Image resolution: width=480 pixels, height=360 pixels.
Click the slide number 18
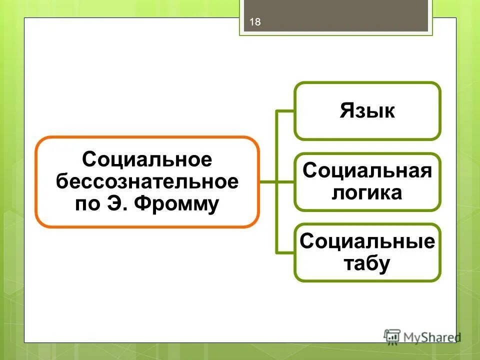tap(255, 22)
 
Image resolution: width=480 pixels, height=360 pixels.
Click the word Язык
tap(367, 111)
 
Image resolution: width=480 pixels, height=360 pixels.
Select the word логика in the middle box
tap(367, 192)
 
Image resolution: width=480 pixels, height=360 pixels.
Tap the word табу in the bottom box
tap(367, 263)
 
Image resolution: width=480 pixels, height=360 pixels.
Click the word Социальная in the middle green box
tap(367, 171)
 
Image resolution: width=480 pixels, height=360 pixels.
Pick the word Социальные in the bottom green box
tap(367, 242)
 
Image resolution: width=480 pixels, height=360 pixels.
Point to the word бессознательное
tap(147, 181)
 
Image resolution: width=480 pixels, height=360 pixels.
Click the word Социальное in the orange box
tap(147, 160)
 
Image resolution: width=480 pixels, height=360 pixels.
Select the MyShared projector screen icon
tap(392, 336)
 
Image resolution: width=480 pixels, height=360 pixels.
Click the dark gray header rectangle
tap(334, 16)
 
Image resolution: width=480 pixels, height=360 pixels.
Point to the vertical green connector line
tap(276, 150)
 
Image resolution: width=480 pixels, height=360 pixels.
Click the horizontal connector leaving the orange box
tap(268, 182)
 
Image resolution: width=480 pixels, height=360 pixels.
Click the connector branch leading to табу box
tap(285, 252)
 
